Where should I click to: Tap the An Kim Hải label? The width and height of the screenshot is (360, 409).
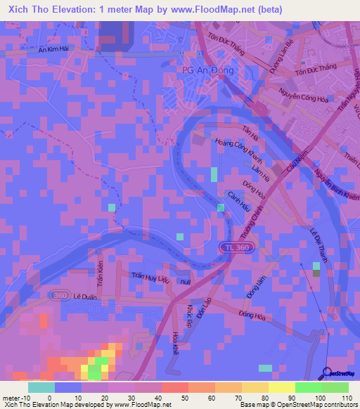(x=57, y=49)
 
